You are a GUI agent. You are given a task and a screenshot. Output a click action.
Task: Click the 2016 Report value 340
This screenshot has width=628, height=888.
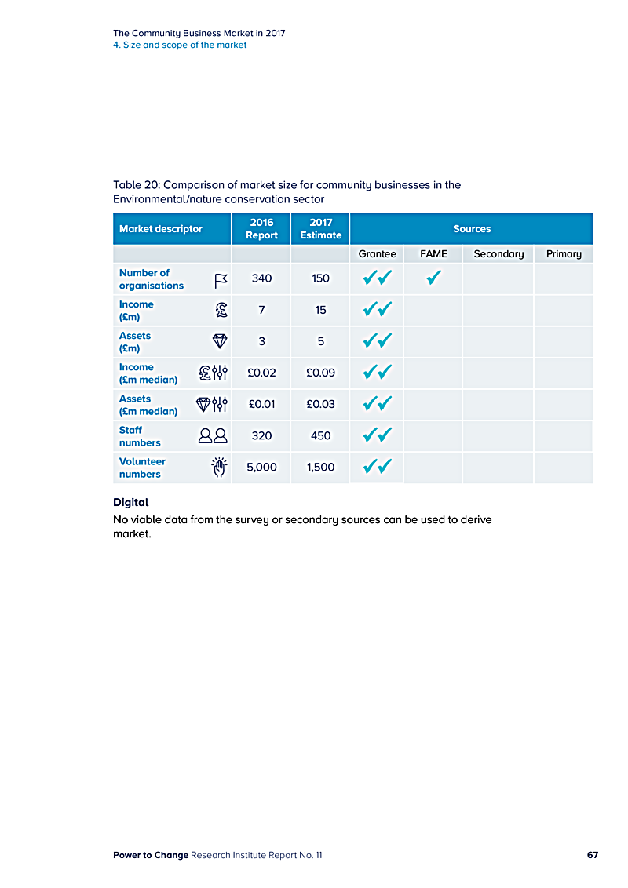[x=261, y=278]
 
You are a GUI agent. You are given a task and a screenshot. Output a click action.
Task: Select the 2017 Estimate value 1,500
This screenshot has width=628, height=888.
[x=320, y=467]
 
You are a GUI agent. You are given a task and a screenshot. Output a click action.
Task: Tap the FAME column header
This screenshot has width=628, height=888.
[x=433, y=253]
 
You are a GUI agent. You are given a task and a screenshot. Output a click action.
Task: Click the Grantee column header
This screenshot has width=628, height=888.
[x=377, y=253]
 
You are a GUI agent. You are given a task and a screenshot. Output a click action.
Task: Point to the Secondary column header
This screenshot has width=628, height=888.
[x=498, y=253]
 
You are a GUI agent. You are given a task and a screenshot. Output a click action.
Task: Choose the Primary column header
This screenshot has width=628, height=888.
[x=564, y=253]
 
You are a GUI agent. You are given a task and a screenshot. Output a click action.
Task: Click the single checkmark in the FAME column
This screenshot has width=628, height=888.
[x=433, y=278]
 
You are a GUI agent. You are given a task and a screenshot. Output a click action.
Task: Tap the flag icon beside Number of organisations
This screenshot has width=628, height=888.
[x=221, y=280]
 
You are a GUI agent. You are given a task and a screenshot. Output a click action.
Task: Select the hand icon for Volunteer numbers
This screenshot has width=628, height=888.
[x=220, y=468]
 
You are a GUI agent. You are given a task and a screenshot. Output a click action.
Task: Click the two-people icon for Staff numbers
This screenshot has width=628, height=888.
[x=213, y=436]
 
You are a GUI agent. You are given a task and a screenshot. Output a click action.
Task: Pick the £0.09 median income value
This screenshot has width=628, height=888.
[x=320, y=373]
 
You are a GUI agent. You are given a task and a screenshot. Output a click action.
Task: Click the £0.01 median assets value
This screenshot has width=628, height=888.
[x=261, y=404]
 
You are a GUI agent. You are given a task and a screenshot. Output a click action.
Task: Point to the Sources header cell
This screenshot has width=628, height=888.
[x=471, y=229]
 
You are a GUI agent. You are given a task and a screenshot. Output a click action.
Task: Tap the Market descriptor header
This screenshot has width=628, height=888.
[x=161, y=229]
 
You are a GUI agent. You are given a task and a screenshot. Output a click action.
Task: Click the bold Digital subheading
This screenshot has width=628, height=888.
[x=131, y=502]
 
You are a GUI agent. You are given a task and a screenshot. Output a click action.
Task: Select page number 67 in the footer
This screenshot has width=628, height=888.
[x=593, y=855]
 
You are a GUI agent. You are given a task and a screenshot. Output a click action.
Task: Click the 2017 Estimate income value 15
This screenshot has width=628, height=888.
[x=320, y=310]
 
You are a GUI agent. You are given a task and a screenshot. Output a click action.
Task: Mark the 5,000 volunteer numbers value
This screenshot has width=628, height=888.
[x=261, y=467]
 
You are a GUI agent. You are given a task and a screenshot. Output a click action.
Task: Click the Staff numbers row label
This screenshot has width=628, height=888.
[x=140, y=436]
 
